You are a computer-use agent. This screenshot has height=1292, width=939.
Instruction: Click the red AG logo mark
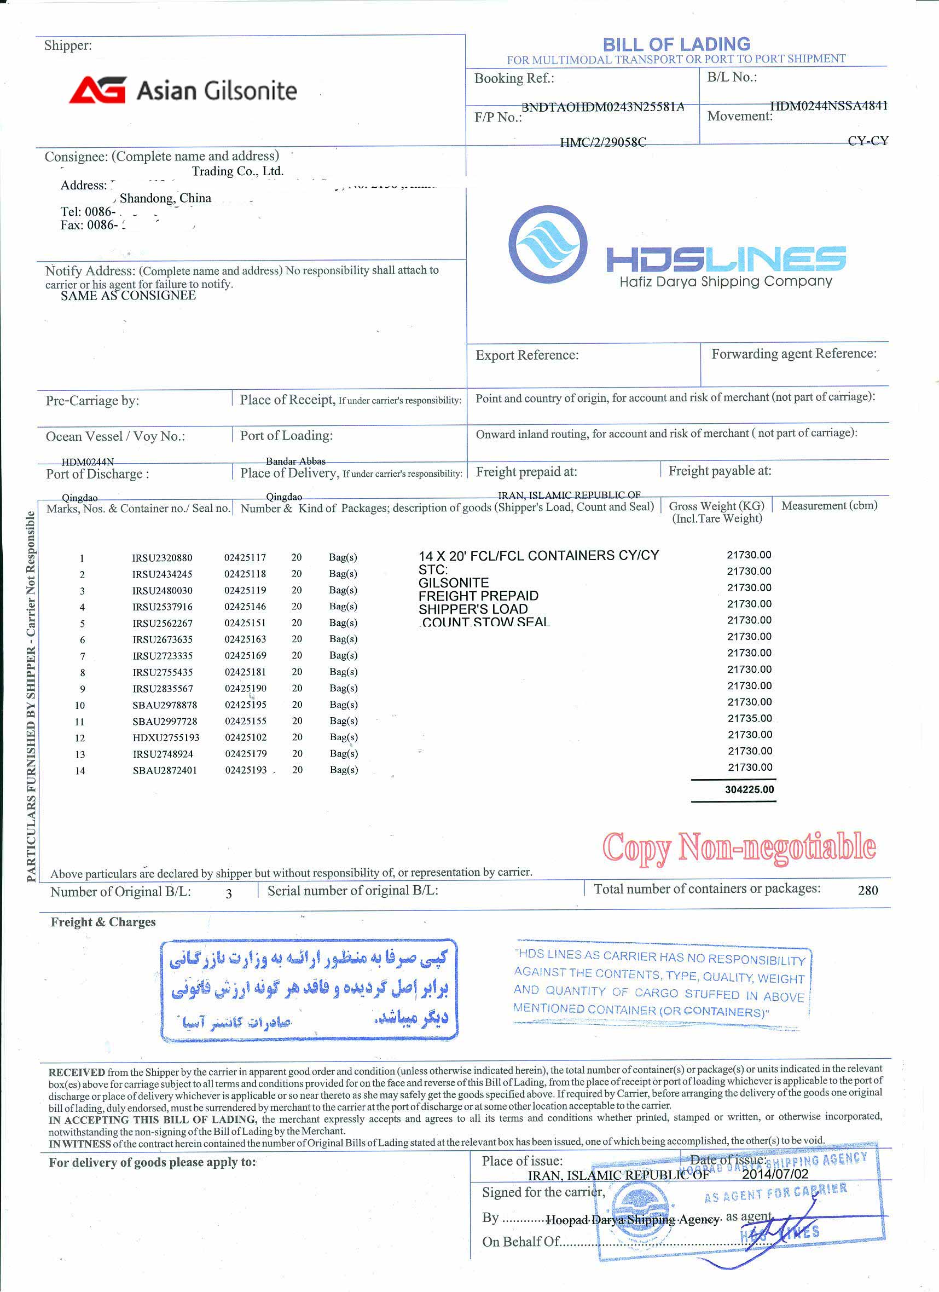pyautogui.click(x=97, y=90)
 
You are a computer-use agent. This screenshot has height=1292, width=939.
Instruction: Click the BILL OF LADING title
pyautogui.click(x=676, y=44)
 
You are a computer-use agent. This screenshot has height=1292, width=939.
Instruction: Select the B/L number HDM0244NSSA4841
pyautogui.click(x=828, y=106)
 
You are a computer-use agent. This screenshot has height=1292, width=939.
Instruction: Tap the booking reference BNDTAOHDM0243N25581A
pyautogui.click(x=602, y=107)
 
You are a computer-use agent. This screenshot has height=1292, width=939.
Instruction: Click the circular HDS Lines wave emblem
pyautogui.click(x=547, y=245)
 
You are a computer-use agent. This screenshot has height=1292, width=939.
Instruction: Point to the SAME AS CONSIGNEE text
pyautogui.click(x=128, y=295)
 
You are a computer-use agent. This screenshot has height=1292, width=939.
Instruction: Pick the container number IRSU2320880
pyautogui.click(x=163, y=558)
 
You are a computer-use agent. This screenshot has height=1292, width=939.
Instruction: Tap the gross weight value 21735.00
pyautogui.click(x=750, y=718)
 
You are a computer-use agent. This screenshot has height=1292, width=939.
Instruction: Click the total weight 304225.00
pyautogui.click(x=749, y=789)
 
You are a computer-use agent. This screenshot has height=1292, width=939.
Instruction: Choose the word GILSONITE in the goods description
pyautogui.click(x=453, y=582)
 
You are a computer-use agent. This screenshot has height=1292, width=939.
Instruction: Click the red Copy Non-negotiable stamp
pyautogui.click(x=739, y=847)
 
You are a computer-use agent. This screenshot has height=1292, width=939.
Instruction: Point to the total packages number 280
pyautogui.click(x=867, y=890)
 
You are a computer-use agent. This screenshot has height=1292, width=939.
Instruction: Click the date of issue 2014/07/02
pyautogui.click(x=775, y=1174)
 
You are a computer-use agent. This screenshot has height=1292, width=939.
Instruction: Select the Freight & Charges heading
pyautogui.click(x=103, y=922)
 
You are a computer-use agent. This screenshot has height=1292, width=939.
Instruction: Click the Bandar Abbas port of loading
pyautogui.click(x=295, y=462)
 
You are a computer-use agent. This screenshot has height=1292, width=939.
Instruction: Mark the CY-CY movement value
pyautogui.click(x=867, y=141)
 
